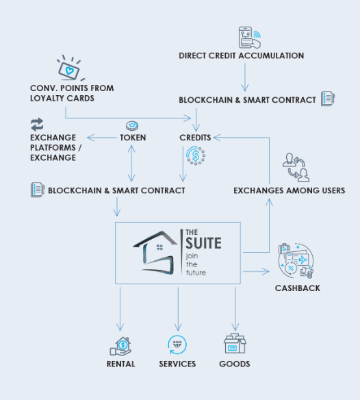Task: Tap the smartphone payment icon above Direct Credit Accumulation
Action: pyautogui.click(x=250, y=38)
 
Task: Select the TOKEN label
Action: pyautogui.click(x=133, y=138)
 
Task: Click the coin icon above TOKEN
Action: pyautogui.click(x=132, y=125)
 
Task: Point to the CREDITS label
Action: pyautogui.click(x=195, y=138)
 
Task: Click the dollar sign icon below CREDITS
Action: pyautogui.click(x=196, y=155)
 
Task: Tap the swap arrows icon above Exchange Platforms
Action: pyautogui.click(x=37, y=125)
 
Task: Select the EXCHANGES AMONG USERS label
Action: pyautogui.click(x=290, y=190)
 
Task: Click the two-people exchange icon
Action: pyautogui.click(x=296, y=167)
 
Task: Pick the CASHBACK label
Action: pyautogui.click(x=298, y=288)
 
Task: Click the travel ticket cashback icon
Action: pyautogui.click(x=296, y=260)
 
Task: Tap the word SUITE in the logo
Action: pyautogui.click(x=203, y=243)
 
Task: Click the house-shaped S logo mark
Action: pyautogui.click(x=155, y=253)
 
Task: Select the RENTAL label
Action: pyautogui.click(x=121, y=364)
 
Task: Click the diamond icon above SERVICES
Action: pyautogui.click(x=177, y=345)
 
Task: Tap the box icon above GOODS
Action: pyautogui.click(x=235, y=343)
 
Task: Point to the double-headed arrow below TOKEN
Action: pyautogui.click(x=131, y=163)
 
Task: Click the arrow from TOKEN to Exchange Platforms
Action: pyautogui.click(x=102, y=138)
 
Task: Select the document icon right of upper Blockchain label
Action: pyautogui.click(x=328, y=99)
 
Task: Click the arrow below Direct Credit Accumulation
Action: pyautogui.click(x=245, y=77)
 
